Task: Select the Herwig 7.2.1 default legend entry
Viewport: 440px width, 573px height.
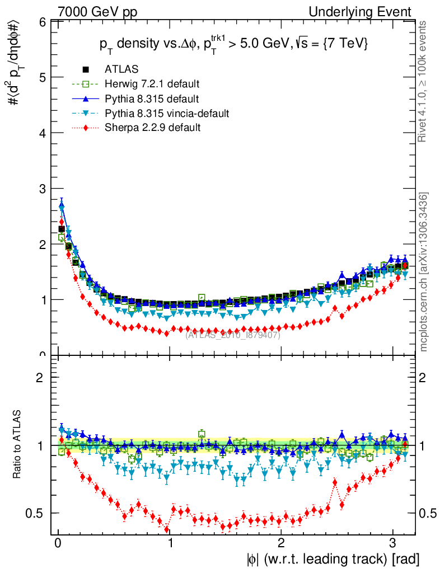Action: pyautogui.click(x=152, y=84)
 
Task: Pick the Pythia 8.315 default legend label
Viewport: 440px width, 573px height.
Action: pyautogui.click(x=152, y=99)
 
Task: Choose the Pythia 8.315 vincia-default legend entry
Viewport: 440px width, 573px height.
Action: pyautogui.click(x=167, y=114)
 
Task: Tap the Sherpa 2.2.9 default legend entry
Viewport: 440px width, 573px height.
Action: pyautogui.click(x=152, y=128)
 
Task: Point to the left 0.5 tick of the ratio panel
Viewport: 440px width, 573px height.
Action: pyautogui.click(x=39, y=513)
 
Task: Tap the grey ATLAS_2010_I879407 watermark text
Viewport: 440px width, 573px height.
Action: pyautogui.click(x=233, y=335)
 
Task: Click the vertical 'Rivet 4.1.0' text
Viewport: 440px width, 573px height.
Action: pyautogui.click(x=424, y=81)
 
